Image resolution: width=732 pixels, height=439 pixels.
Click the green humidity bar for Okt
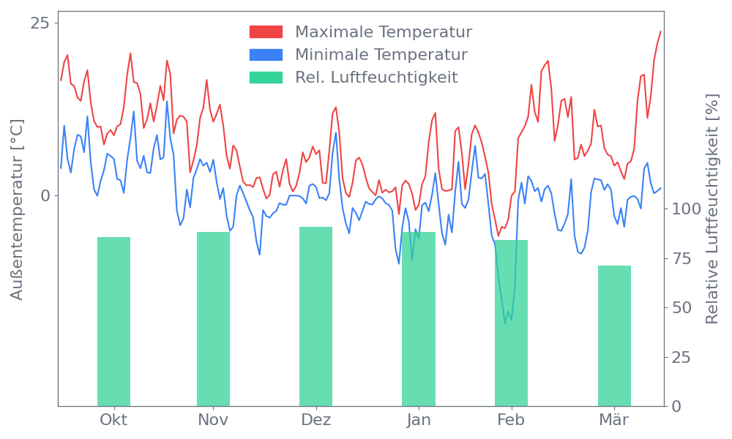coord(113,321)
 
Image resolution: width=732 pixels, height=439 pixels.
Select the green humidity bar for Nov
coord(213,318)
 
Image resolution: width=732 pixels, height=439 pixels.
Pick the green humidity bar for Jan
coord(418,318)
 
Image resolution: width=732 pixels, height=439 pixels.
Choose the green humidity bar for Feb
coord(511,323)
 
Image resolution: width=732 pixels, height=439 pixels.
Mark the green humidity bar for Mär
coord(614,335)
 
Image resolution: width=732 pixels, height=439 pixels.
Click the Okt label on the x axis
coord(113,420)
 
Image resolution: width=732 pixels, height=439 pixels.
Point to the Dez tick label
coord(315,420)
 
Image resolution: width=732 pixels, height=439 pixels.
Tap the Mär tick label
coord(614,420)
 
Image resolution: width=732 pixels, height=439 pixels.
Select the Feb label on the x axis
coord(511,420)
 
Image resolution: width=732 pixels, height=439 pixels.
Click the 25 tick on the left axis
coord(41,23)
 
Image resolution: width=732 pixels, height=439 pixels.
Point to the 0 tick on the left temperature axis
coord(46,195)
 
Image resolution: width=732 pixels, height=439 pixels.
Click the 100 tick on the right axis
coord(687,209)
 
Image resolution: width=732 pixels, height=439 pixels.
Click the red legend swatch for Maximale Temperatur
coord(266,32)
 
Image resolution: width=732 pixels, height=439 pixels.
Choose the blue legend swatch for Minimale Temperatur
coord(266,55)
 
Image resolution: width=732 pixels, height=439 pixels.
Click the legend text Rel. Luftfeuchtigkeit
coord(376,77)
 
